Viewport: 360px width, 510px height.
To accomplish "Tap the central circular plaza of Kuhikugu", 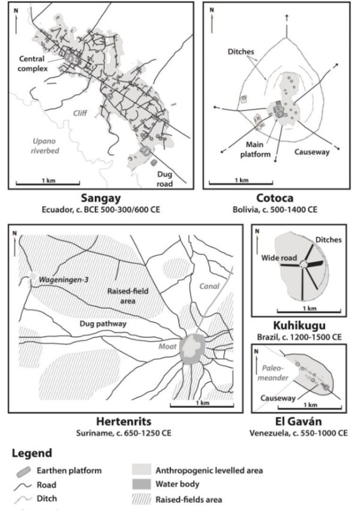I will [x=305, y=265].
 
